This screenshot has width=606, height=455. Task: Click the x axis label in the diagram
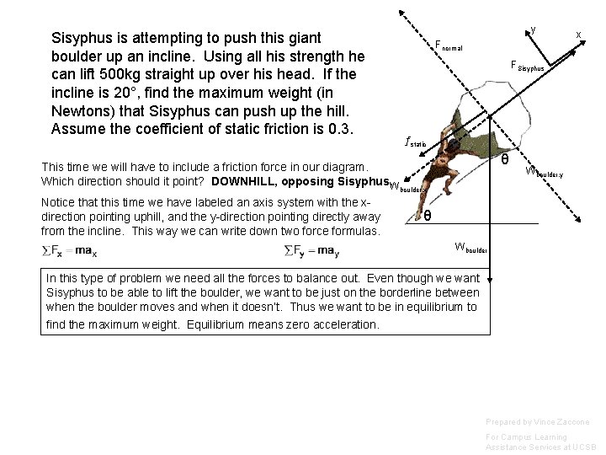click(x=578, y=35)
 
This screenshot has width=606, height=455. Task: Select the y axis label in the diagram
click(x=534, y=29)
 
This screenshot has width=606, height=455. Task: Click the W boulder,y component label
click(x=544, y=173)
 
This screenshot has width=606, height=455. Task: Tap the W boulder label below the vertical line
click(x=470, y=247)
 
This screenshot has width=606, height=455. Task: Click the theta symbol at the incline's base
click(x=428, y=216)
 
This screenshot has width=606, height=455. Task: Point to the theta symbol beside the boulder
click(x=504, y=159)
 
